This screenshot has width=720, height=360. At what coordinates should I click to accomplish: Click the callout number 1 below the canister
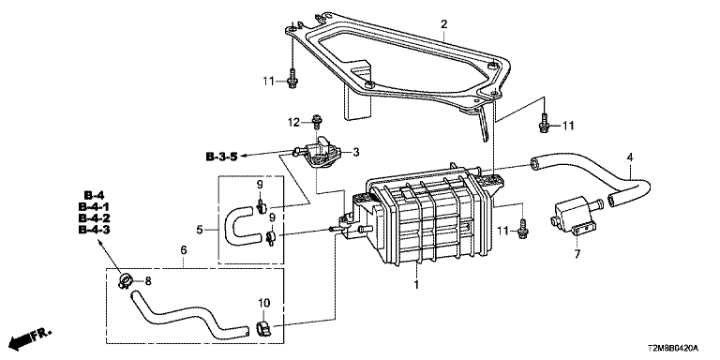pyautogui.click(x=416, y=285)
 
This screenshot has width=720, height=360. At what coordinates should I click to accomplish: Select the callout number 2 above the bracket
pyautogui.click(x=444, y=23)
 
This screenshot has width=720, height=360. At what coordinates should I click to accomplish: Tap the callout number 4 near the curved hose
pyautogui.click(x=630, y=157)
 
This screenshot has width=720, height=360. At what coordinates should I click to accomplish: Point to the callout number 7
pyautogui.click(x=577, y=253)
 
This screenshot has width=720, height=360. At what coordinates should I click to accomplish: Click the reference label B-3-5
pyautogui.click(x=221, y=157)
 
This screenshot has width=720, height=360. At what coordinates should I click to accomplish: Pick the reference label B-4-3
pyautogui.click(x=94, y=230)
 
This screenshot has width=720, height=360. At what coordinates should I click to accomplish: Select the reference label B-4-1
pyautogui.click(x=94, y=206)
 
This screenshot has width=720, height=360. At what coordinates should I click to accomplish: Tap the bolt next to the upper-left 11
pyautogui.click(x=292, y=79)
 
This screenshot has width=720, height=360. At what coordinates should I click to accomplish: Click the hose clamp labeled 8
pyautogui.click(x=125, y=280)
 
